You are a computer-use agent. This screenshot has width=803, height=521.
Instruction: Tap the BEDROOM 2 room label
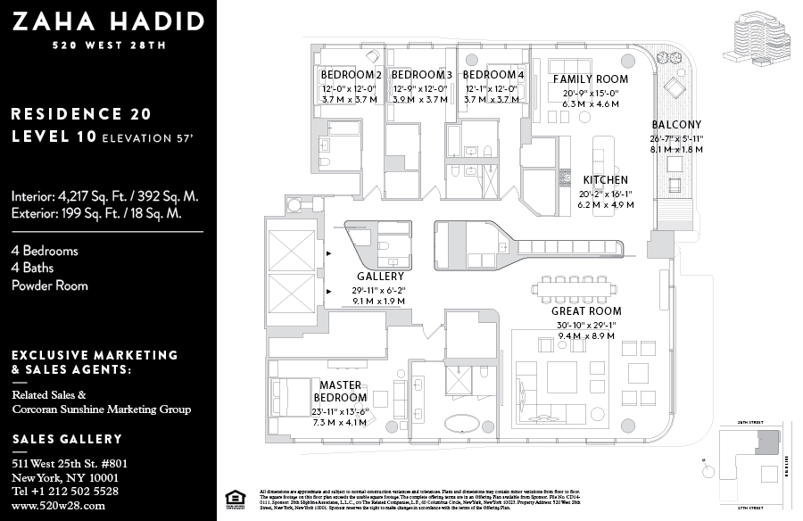pyautogui.click(x=351, y=74)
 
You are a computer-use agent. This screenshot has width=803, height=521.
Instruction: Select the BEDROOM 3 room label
pyautogui.click(x=421, y=74)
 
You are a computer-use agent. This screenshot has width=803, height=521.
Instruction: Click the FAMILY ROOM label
pyautogui.click(x=591, y=79)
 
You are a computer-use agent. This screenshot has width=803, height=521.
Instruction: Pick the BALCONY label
pyautogui.click(x=676, y=125)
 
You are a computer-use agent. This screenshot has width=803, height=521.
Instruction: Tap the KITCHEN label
pyautogui.click(x=606, y=180)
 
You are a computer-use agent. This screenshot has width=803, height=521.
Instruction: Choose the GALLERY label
pyautogui.click(x=380, y=277)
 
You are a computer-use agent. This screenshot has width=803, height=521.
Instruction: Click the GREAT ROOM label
pyautogui.click(x=586, y=311)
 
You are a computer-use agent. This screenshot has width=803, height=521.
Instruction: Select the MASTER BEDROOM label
pyautogui.click(x=340, y=391)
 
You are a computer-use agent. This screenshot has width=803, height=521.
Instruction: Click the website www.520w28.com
pyautogui.click(x=59, y=506)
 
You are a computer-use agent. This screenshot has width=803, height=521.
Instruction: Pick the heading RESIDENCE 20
pyautogui.click(x=81, y=114)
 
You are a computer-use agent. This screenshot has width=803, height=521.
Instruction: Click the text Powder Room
pyautogui.click(x=50, y=285)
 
